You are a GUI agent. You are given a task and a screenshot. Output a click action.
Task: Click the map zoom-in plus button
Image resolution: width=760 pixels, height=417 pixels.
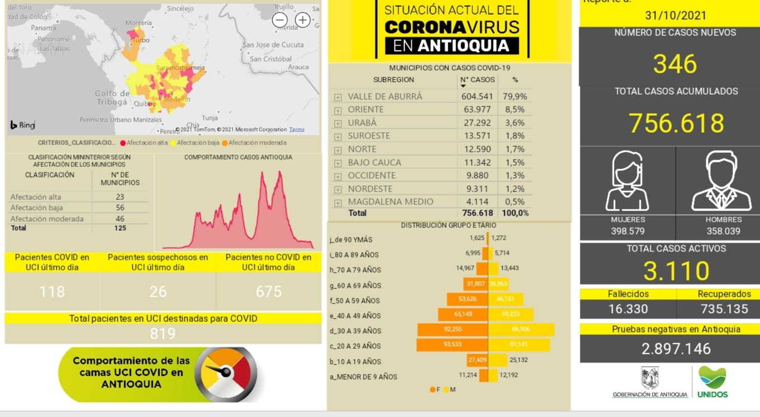[303, 20]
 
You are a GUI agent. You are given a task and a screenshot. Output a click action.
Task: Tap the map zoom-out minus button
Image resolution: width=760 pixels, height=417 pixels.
[280, 20]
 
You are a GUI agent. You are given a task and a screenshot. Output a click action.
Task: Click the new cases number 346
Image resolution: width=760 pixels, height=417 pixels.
[675, 63]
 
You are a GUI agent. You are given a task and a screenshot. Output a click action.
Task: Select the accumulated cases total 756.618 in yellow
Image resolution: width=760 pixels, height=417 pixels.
[676, 123]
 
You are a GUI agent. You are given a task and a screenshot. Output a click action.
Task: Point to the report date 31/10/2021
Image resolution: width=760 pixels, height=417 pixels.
[675, 16]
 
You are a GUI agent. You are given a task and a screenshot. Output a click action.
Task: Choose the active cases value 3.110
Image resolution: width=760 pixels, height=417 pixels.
[676, 271]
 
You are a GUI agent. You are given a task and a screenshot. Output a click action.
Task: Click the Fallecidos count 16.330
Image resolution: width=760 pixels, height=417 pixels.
[628, 309]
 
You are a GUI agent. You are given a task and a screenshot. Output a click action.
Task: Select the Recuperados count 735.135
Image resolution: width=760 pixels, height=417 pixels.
[724, 309]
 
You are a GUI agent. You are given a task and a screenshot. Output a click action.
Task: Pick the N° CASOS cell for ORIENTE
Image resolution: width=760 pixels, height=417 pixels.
[477, 109]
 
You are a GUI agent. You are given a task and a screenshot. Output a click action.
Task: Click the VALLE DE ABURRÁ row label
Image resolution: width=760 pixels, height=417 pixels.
[385, 96]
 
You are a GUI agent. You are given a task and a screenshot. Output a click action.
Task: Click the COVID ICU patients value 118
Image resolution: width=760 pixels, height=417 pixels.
[52, 292]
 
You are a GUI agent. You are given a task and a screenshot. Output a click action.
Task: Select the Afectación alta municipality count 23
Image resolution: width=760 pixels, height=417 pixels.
[120, 197]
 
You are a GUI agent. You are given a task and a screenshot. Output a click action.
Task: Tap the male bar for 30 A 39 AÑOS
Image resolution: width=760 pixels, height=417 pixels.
[521, 330]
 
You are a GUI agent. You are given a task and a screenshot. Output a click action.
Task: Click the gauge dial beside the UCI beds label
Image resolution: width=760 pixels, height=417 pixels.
[229, 374]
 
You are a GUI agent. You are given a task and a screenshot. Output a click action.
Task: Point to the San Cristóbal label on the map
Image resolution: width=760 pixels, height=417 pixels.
[270, 59]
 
